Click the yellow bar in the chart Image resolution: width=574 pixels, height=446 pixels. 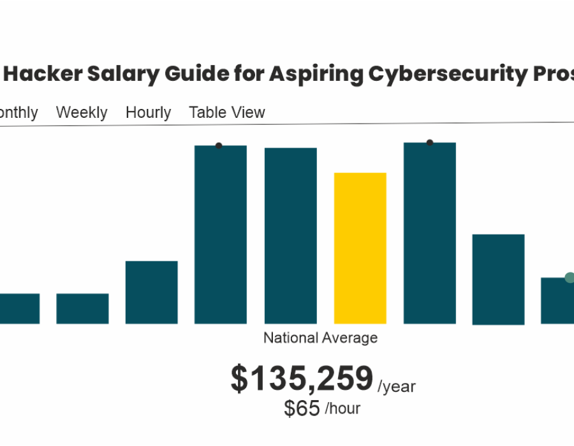pos(360,248)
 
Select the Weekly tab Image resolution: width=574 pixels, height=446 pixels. pos(82,113)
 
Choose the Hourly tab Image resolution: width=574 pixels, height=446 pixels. pos(148,113)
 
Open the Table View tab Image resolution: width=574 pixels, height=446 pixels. pos(227,113)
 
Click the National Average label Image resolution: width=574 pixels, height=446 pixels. pos(320,338)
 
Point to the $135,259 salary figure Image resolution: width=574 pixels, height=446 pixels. pos(302,379)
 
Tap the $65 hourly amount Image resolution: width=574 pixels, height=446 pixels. pos(302,408)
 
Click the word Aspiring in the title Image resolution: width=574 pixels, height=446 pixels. pos(311,75)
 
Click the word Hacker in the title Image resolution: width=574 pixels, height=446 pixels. pos(43,75)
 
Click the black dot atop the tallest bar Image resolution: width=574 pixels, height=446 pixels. pos(430,143)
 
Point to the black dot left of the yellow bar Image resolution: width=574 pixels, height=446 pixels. pos(219,146)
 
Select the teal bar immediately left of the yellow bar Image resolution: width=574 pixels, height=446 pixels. pos(291,236)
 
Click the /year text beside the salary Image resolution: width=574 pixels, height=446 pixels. pos(397,386)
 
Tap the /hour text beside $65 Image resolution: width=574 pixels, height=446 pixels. pos(342,408)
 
